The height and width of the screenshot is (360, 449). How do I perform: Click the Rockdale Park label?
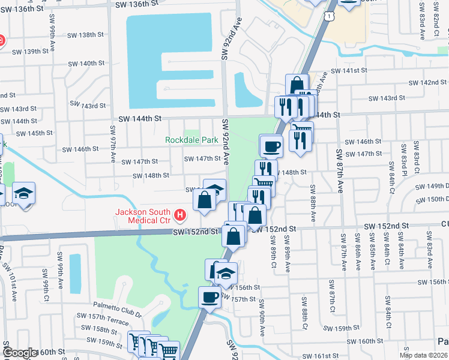click(x=192, y=140)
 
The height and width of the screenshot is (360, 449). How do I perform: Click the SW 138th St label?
click(x=86, y=35)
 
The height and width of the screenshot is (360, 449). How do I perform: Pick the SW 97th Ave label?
click(x=113, y=145)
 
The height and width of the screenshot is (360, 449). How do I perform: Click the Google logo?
click(x=20, y=353)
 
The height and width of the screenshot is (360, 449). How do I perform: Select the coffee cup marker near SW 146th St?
click(x=271, y=146)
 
